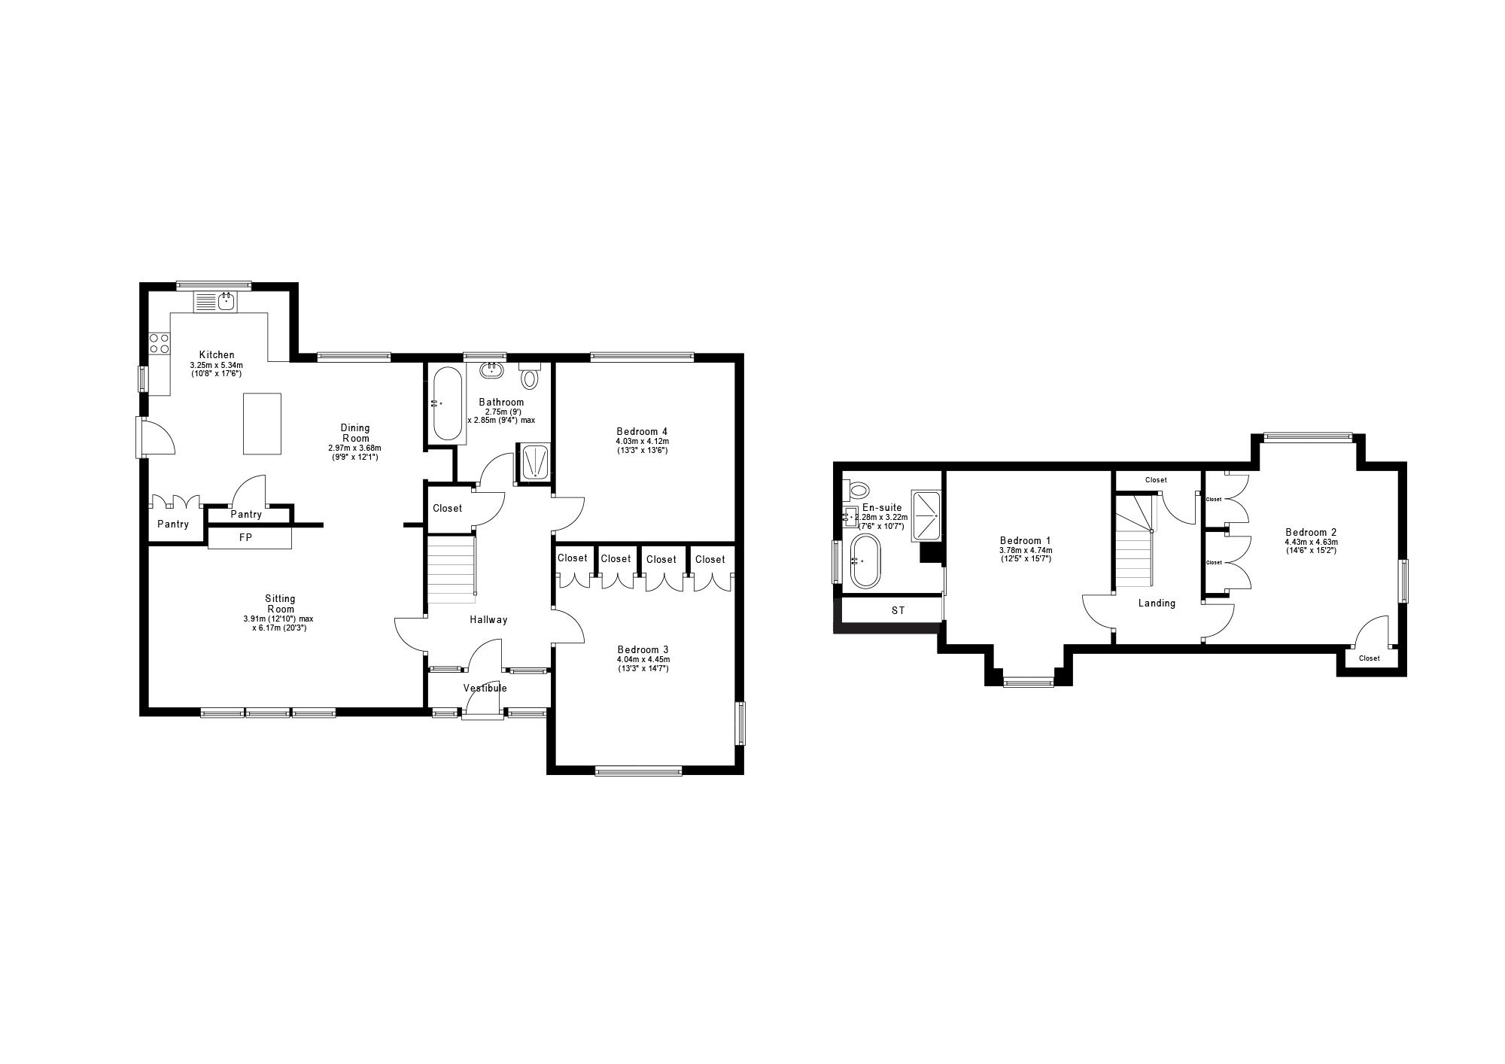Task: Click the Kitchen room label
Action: tap(217, 354)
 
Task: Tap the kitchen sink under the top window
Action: tap(227, 302)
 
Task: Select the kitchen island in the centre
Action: tap(262, 423)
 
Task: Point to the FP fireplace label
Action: tap(245, 538)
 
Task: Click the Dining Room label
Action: tap(355, 433)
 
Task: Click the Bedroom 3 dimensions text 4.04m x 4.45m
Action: tap(643, 659)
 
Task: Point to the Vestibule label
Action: tap(485, 688)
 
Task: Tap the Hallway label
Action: tap(488, 619)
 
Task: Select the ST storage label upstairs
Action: tap(898, 610)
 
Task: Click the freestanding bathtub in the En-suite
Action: tap(864, 561)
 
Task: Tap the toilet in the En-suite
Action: tap(856, 491)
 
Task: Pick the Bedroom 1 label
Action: tap(1025, 540)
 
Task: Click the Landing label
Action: tap(1157, 603)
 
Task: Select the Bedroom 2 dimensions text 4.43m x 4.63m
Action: tap(1311, 542)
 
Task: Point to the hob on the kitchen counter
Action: tap(160, 343)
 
